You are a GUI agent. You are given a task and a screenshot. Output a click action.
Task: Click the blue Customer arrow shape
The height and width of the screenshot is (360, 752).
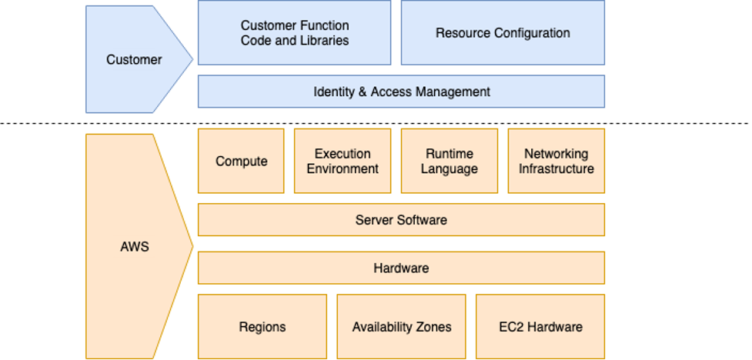coord(135,59)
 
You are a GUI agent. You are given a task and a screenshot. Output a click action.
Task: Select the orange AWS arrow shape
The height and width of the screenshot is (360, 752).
coord(135,247)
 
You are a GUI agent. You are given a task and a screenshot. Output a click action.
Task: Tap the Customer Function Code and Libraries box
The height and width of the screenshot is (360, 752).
coord(294,32)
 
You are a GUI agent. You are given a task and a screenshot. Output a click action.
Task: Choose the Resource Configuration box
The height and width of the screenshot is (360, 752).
coord(503,32)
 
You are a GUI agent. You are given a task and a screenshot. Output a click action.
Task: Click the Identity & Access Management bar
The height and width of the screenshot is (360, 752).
coord(401,92)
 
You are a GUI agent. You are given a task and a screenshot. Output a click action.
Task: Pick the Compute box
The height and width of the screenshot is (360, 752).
coord(241,161)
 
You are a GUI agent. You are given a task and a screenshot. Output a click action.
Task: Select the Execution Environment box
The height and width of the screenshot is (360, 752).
coord(343,161)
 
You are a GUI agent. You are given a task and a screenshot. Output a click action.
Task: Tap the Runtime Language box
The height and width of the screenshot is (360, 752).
coord(449,161)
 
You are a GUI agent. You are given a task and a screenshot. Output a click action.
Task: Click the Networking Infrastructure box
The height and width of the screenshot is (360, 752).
coord(556,161)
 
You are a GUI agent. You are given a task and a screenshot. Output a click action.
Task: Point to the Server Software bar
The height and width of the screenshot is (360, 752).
coord(401,220)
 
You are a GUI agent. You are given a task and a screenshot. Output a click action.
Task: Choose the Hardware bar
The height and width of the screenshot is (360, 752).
coord(401,268)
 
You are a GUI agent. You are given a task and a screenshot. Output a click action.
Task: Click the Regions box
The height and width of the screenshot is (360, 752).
coord(262,326)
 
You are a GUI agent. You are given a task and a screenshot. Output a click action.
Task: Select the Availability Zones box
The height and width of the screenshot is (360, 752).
coord(401,326)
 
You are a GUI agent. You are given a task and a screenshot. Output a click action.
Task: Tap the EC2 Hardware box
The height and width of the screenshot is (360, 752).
coord(540,326)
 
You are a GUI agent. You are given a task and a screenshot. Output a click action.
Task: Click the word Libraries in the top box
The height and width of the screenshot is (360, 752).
coord(323,40)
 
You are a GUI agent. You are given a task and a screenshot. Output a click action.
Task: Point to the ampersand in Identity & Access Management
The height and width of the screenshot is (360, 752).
coord(362,92)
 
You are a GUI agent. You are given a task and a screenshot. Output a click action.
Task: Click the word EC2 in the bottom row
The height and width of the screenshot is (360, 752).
coord(511,327)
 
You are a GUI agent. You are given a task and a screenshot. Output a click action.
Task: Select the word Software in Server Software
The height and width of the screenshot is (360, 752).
coord(422,220)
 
